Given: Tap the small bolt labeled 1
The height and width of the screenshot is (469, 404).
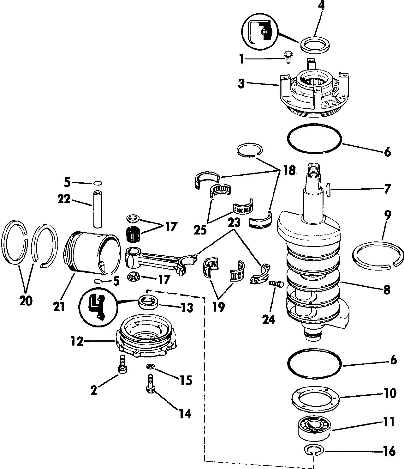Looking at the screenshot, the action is pyautogui.click(x=288, y=57).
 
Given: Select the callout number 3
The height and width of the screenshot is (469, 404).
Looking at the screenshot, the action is pyautogui.click(x=241, y=83).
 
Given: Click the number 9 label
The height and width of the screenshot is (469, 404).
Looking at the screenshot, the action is pyautogui.click(x=388, y=215).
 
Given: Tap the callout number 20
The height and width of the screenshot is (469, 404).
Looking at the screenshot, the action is pyautogui.click(x=26, y=301).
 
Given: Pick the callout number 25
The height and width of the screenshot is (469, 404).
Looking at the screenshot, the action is pyautogui.click(x=200, y=230).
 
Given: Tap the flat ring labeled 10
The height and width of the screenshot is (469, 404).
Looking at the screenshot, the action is pyautogui.click(x=315, y=399).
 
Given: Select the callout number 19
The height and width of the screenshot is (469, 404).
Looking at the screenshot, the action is pyautogui.click(x=218, y=307).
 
